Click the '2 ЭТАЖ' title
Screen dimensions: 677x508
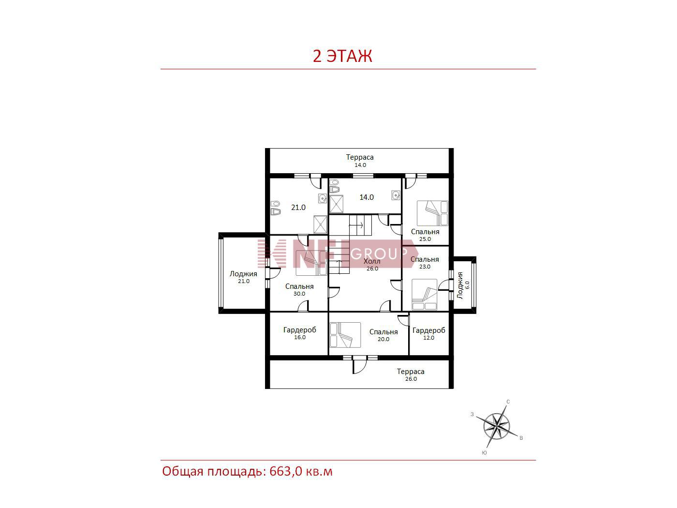(x=342, y=56)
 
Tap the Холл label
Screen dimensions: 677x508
(x=372, y=261)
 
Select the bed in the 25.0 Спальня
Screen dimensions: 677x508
(x=432, y=213)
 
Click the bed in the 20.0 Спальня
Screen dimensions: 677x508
(x=345, y=335)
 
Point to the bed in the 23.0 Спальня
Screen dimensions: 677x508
(x=425, y=295)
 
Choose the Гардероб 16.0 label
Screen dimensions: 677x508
(x=299, y=333)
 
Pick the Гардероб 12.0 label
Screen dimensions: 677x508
(x=429, y=334)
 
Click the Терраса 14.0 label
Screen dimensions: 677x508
(x=360, y=161)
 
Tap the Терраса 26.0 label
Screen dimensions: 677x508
(x=411, y=375)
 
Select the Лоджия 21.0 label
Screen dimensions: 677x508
(x=243, y=277)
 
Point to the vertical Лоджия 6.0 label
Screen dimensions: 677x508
(x=463, y=285)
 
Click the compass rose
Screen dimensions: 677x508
(x=496, y=427)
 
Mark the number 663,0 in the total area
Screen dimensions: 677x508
(x=286, y=472)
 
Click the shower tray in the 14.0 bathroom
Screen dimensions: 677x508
(x=336, y=204)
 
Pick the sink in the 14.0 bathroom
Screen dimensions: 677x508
(x=396, y=195)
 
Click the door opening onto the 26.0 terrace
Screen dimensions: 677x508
(x=360, y=365)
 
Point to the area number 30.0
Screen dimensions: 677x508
(x=299, y=294)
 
